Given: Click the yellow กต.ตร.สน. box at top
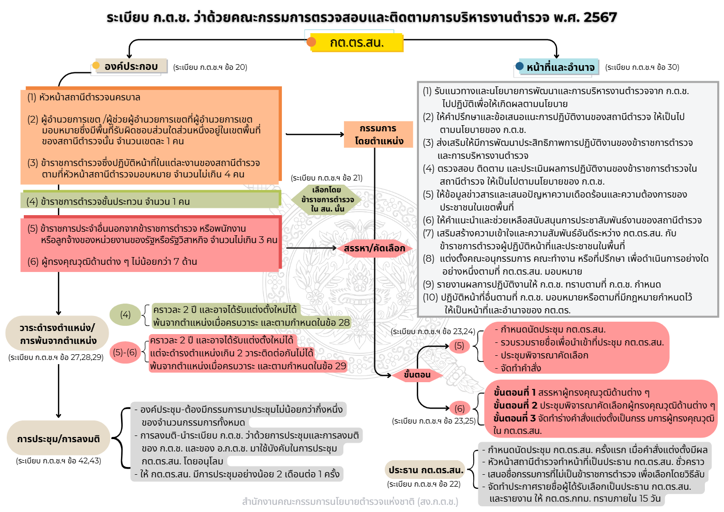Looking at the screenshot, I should tap(357, 42).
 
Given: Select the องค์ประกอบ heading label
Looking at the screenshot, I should tap(131, 66).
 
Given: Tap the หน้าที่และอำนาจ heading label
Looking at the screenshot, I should tap(561, 67).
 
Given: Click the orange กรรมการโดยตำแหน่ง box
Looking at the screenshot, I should tap(379, 134).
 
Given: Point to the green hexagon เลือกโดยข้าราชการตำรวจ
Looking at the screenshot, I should tap(327, 200).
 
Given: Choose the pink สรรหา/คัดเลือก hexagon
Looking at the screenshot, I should tap(374, 248).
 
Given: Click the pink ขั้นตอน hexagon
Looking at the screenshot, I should tap(417, 375).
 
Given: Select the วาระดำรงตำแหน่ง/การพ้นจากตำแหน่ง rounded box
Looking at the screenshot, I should tap(57, 334).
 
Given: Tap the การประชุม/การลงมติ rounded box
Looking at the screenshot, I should tap(58, 439).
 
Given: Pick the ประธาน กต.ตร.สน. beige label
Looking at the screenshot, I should tap(426, 470).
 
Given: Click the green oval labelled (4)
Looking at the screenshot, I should tap(125, 314).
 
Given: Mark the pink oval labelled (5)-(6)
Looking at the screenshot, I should tap(125, 353).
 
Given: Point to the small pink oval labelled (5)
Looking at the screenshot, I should tap(459, 345).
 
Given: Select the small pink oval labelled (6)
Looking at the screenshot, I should tap(459, 409).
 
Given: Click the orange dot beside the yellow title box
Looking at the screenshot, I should tap(311, 42).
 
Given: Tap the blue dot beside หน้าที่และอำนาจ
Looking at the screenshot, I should tap(520, 66).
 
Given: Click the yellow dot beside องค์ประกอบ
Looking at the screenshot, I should tap(96, 66).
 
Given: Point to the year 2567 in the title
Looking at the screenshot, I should tap(600, 18).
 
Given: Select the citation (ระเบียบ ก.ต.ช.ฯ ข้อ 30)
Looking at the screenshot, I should tap(642, 67).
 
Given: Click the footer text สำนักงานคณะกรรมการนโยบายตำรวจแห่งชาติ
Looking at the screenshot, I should tap(350, 501).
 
